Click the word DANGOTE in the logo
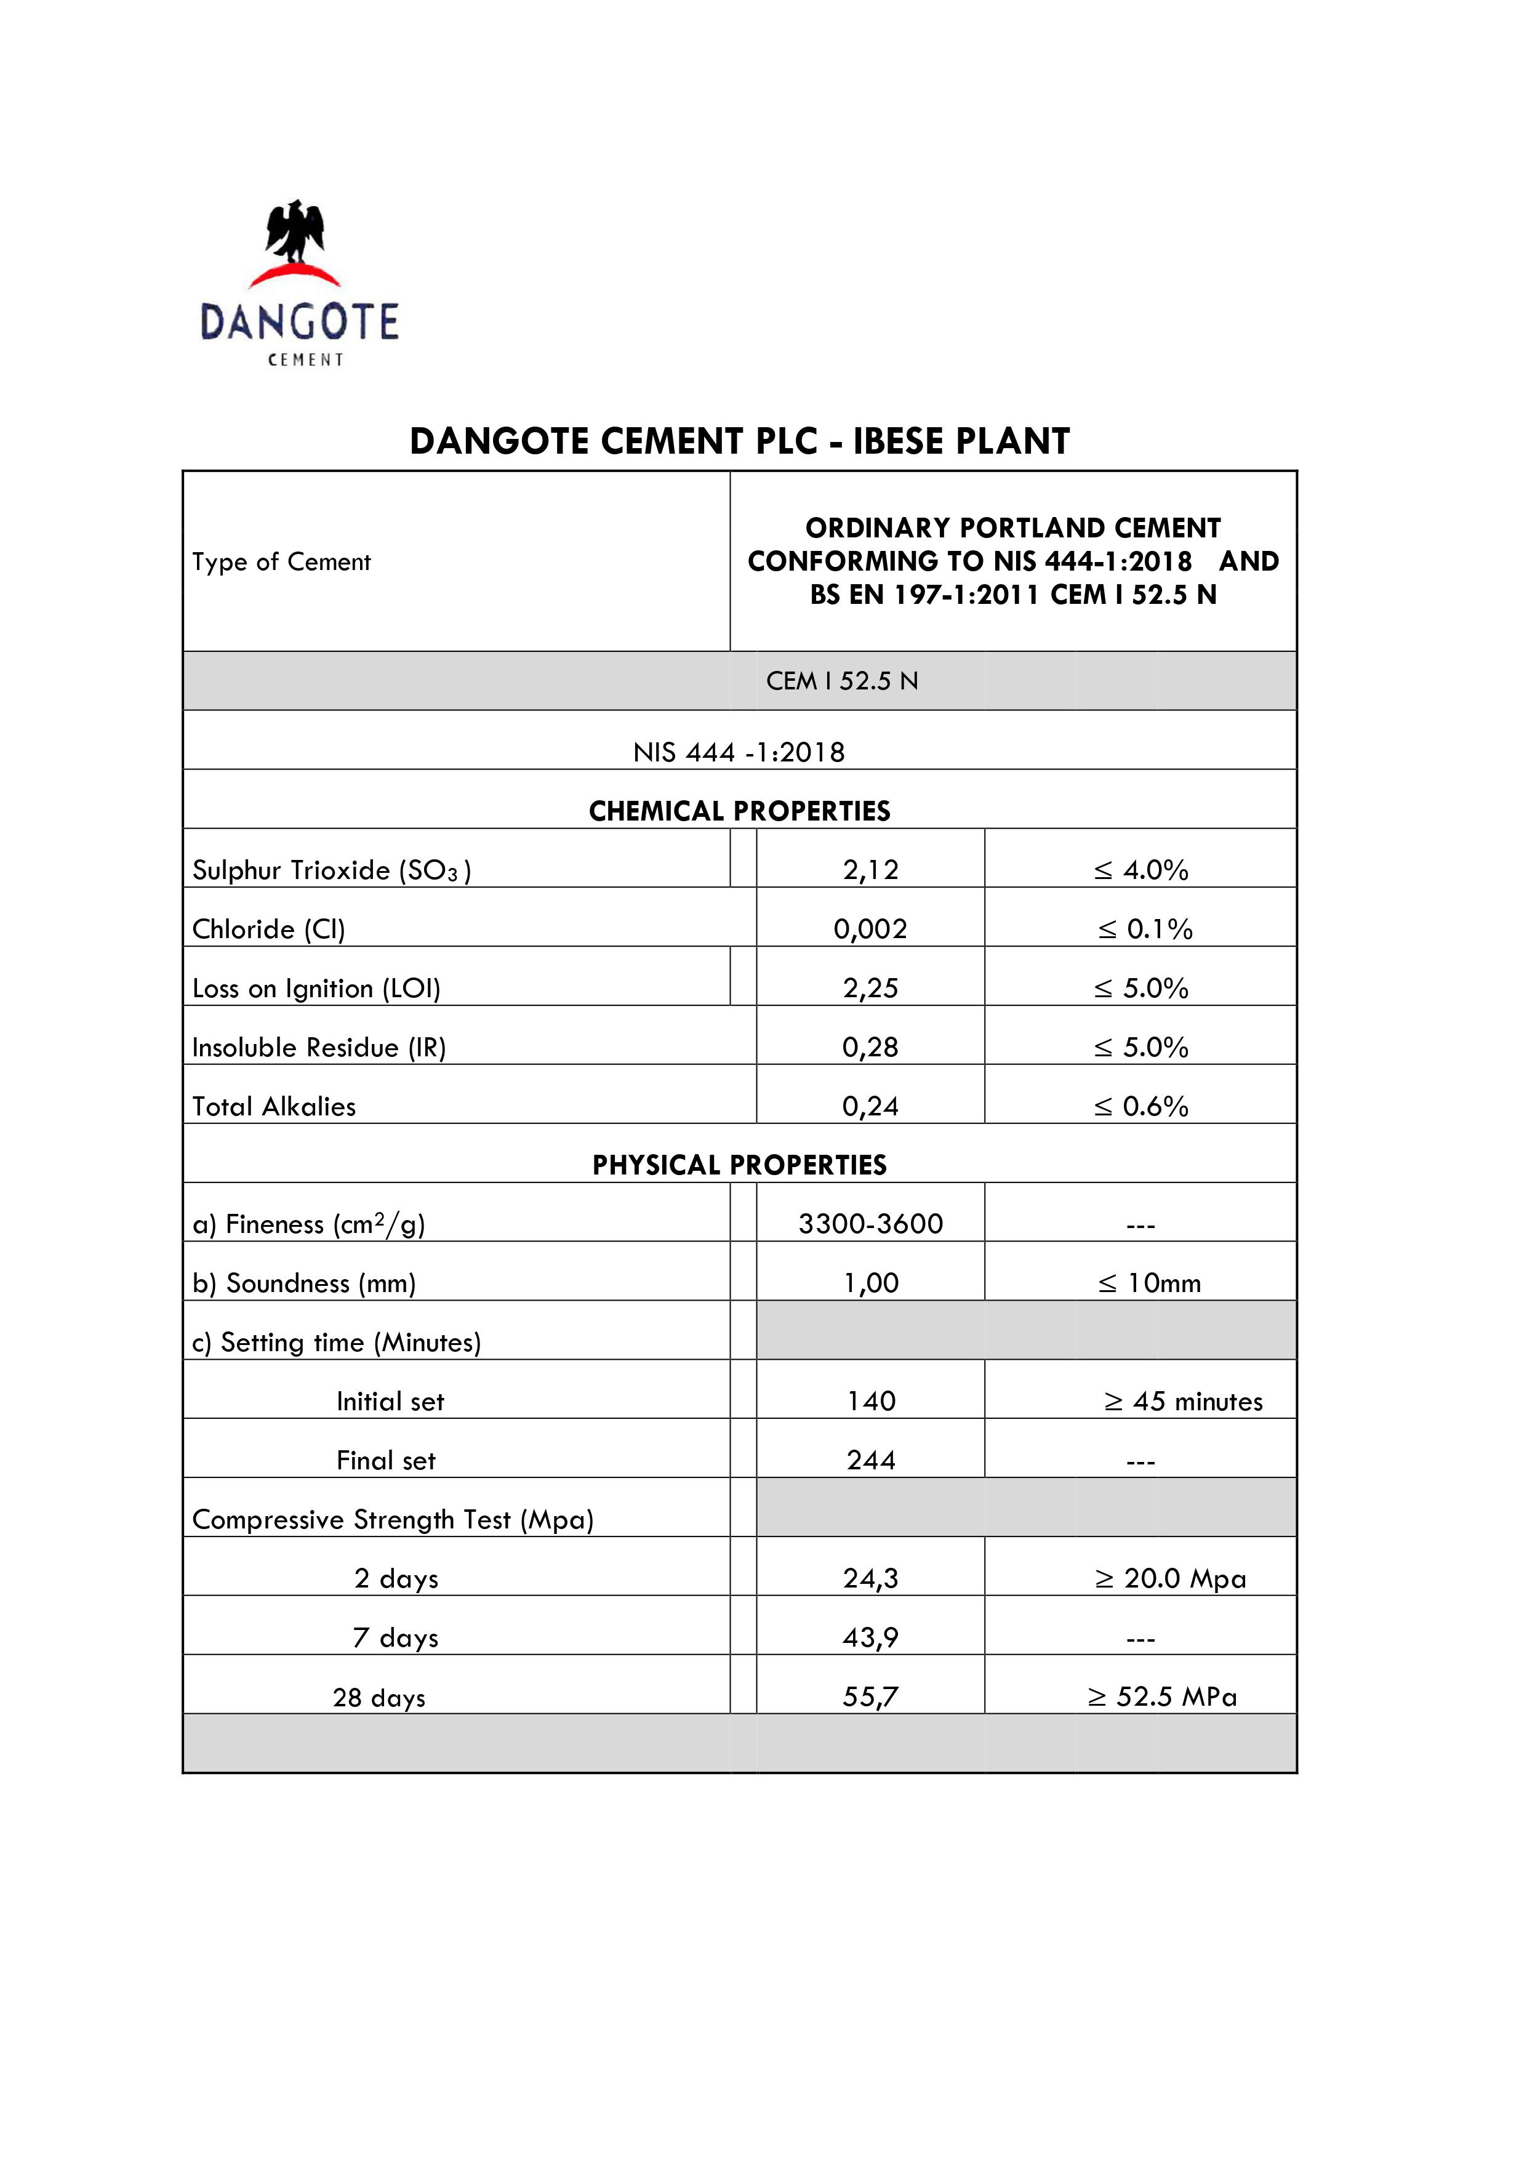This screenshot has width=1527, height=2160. pos(299,322)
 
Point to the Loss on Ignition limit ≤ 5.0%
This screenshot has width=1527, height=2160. pos(1140,988)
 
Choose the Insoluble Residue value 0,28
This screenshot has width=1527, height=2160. pos(870,1047)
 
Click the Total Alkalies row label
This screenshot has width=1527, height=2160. pos(274,1106)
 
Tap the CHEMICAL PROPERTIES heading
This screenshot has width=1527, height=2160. pos(740,811)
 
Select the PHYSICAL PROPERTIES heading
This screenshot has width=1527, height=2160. pos(740,1165)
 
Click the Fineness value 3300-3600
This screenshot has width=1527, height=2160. pos(870,1224)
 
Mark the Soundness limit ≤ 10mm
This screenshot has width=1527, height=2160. pos(1148,1283)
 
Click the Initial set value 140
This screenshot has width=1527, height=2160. pos(870,1401)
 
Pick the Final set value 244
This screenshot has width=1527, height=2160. pos(870,1460)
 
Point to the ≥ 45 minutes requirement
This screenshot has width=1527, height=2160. pos(1183,1401)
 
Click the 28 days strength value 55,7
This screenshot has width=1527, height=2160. pos(870,1696)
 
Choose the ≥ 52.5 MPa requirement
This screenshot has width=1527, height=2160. pos(1162,1696)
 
